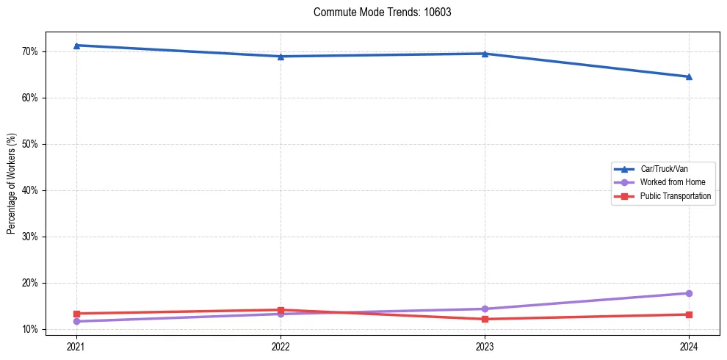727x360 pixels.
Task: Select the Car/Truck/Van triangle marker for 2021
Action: point(76,46)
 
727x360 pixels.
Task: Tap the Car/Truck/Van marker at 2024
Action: point(689,76)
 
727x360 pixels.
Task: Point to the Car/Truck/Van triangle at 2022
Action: point(281,57)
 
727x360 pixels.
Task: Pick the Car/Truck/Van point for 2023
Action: point(485,54)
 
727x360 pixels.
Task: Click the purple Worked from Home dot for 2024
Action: point(689,293)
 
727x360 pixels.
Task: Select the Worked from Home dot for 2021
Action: point(76,321)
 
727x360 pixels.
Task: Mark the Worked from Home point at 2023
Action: point(485,309)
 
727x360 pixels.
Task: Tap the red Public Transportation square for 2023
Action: point(485,319)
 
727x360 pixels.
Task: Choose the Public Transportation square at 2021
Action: point(76,314)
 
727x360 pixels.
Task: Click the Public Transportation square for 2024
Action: point(689,314)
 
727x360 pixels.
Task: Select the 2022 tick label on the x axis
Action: point(281,345)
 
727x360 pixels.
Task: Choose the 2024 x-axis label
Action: point(689,345)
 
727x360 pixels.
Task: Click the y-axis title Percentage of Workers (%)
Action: point(11,184)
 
